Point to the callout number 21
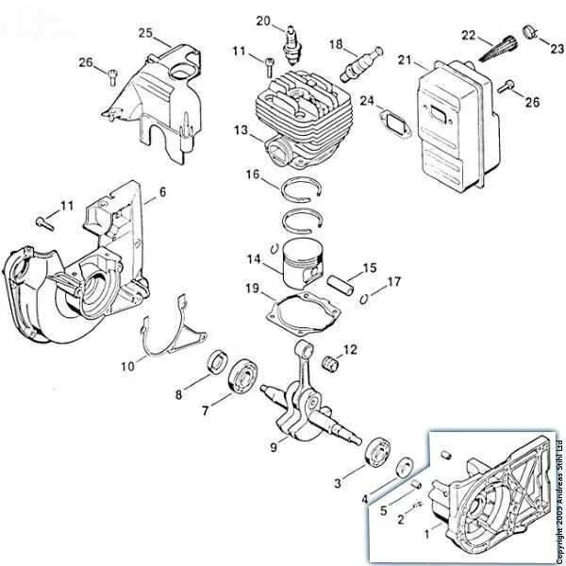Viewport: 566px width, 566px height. pyautogui.click(x=405, y=61)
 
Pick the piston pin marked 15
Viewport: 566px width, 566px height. pyautogui.click(x=343, y=281)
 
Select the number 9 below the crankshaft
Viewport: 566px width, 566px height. pyautogui.click(x=274, y=447)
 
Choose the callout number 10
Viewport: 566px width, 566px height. pyautogui.click(x=127, y=365)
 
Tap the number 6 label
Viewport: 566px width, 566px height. pyautogui.click(x=161, y=191)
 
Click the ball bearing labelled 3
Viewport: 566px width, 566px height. pyautogui.click(x=378, y=451)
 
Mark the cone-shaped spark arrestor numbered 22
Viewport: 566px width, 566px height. pyautogui.click(x=499, y=46)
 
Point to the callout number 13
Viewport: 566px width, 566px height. pyautogui.click(x=241, y=128)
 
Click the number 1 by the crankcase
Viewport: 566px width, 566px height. pyautogui.click(x=430, y=533)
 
